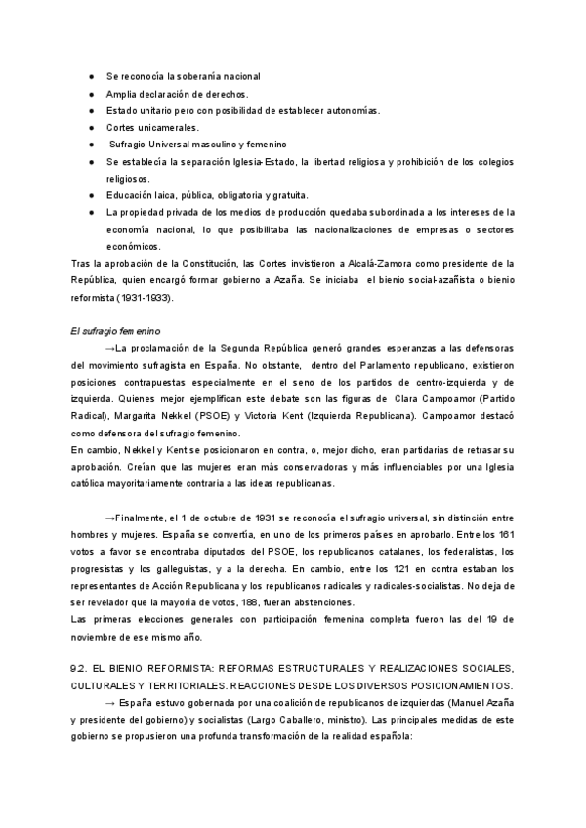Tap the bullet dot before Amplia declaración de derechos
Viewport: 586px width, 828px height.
(91, 94)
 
